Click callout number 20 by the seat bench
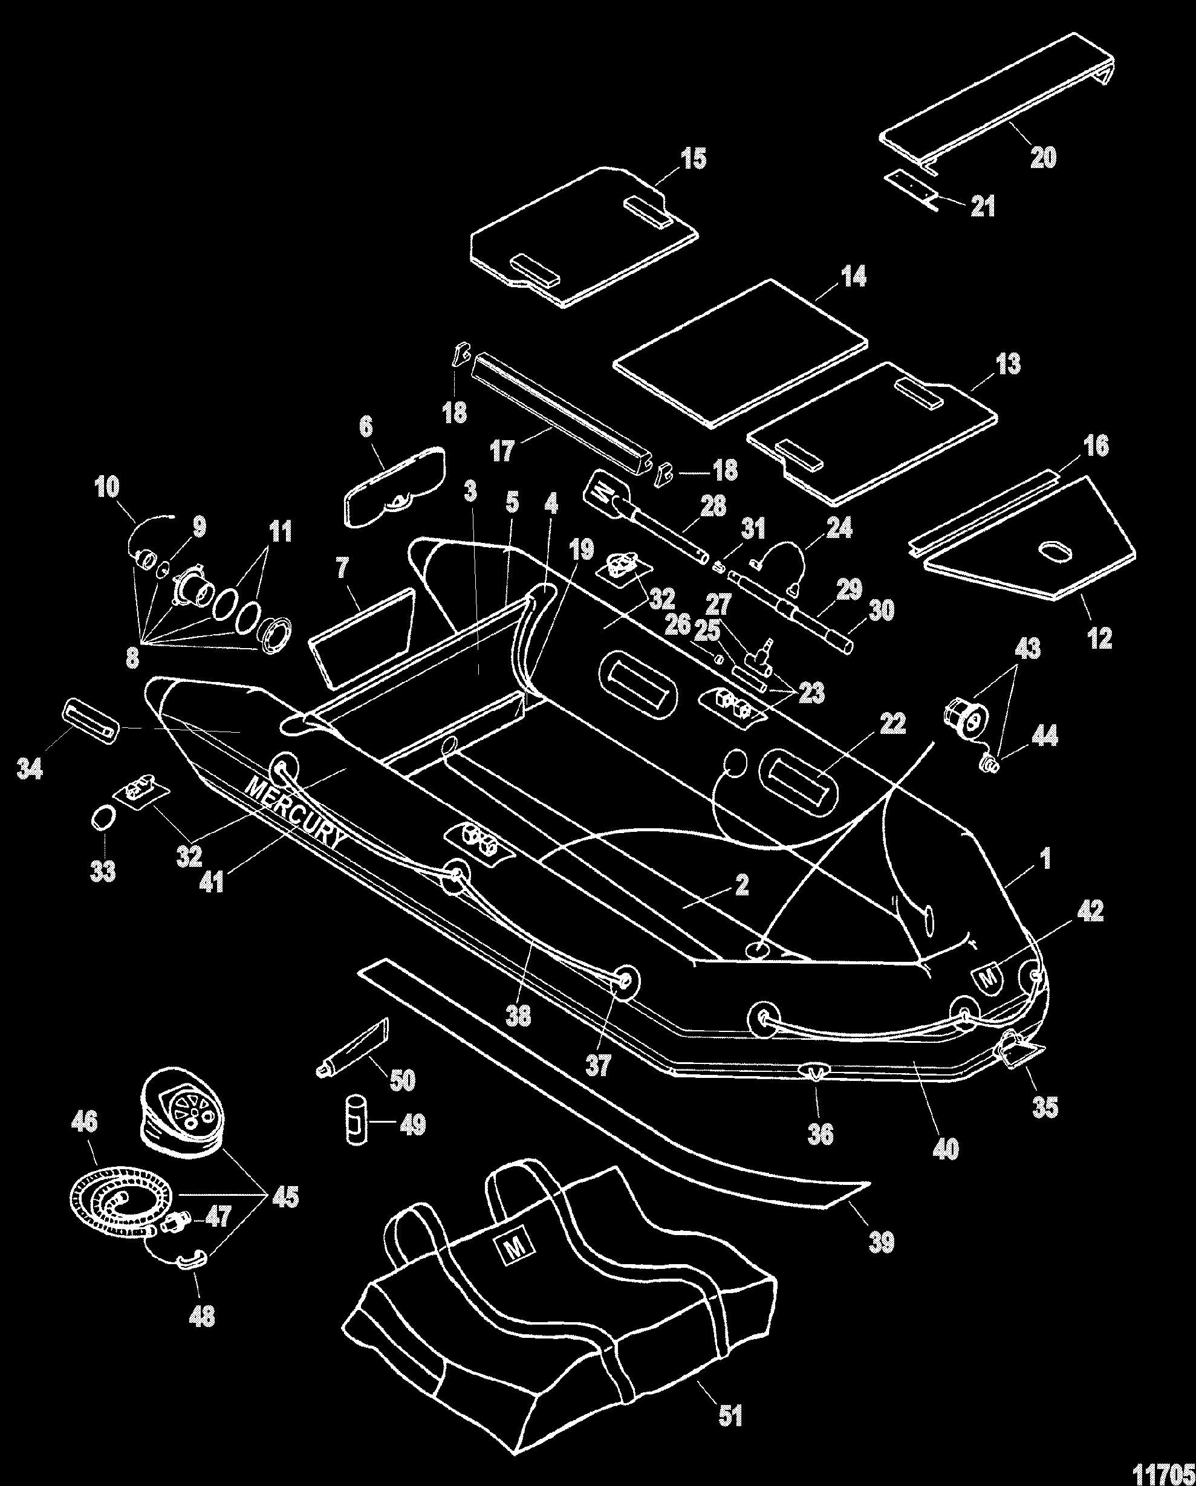click(x=1042, y=158)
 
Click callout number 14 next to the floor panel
click(x=853, y=277)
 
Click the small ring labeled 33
click(x=102, y=818)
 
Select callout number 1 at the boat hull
click(x=1045, y=859)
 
